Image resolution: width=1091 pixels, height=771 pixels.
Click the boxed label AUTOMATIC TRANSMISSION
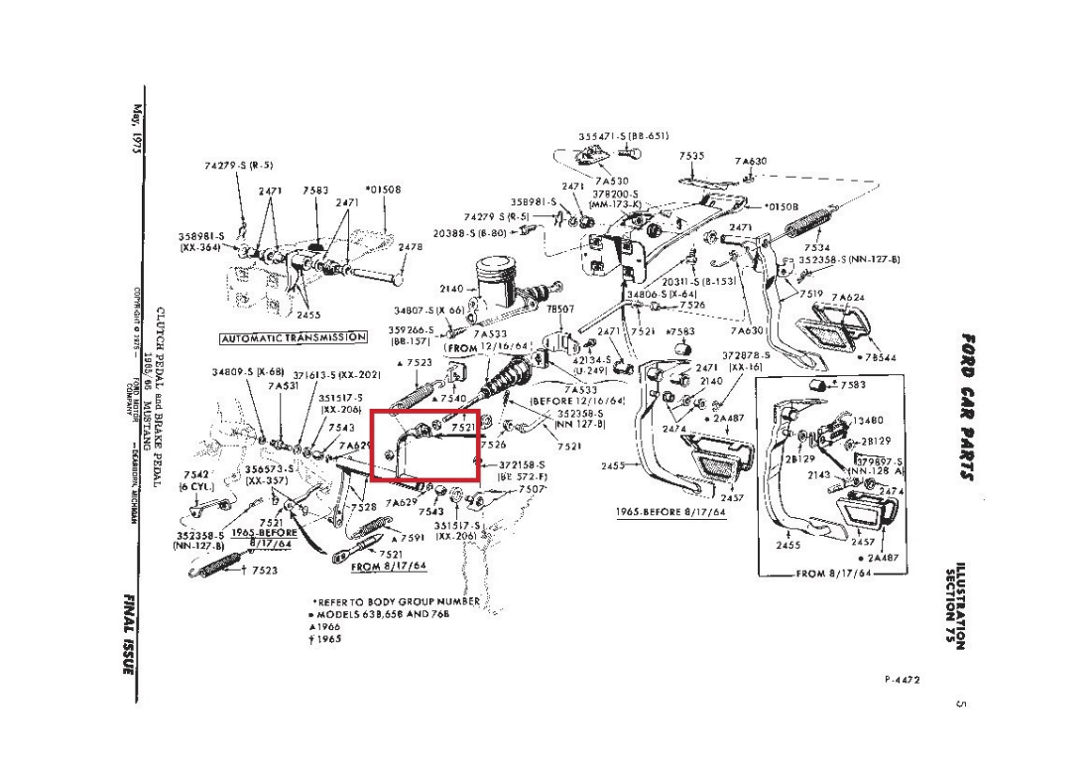294,337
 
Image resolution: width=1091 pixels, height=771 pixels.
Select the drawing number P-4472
903,680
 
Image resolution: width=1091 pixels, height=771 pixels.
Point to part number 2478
410,248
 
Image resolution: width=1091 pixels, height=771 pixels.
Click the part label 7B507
560,309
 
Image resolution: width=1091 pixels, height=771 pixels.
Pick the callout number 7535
692,156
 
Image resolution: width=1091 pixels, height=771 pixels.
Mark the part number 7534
818,248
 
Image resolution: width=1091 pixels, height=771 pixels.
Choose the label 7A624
847,297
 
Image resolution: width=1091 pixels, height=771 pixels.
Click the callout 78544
881,358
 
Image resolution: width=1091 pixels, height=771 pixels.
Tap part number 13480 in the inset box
868,421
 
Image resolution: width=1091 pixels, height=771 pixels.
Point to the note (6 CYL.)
196,487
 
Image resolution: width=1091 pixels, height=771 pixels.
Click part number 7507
533,489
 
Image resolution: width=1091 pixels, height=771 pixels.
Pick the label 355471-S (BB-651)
624,136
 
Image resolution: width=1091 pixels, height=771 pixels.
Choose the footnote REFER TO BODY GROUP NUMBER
398,601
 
